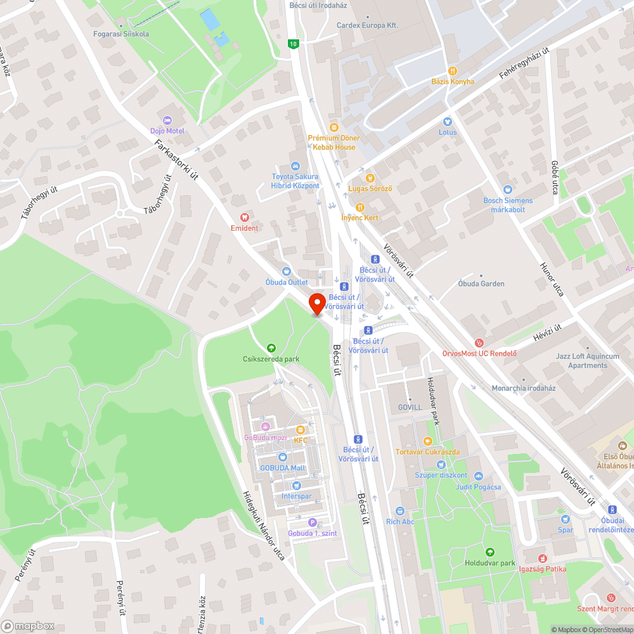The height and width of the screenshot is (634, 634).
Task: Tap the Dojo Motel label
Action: point(167,131)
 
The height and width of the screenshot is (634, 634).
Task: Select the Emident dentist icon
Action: point(244,217)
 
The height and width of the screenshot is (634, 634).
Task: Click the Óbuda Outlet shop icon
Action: point(287,271)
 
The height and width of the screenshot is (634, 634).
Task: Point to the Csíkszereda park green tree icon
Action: point(271,347)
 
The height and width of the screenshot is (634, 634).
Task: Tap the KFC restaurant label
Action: point(300,439)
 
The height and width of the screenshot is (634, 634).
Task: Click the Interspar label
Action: point(297,496)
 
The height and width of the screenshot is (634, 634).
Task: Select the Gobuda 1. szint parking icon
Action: point(312,522)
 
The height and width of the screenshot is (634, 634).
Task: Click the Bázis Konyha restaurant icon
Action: point(453,71)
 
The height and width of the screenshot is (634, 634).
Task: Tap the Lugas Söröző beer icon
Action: point(370,178)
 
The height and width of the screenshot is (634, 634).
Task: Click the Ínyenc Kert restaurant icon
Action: point(359,207)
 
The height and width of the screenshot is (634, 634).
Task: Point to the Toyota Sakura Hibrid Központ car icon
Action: point(295,165)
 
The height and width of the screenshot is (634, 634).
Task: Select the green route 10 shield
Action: point(292,43)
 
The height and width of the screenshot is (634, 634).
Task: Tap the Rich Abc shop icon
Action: point(400,511)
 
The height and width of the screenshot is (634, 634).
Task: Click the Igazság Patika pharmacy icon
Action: point(542,559)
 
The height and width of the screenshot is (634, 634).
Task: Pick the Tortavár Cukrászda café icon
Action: point(428,441)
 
